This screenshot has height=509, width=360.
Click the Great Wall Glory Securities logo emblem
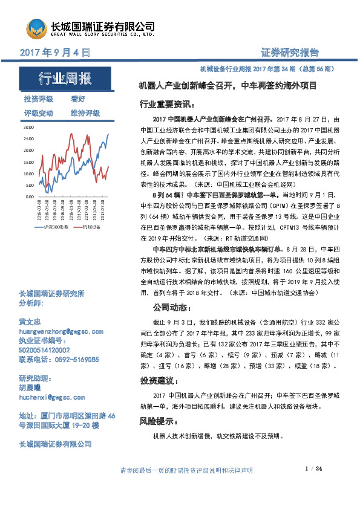pyautogui.click(x=36, y=27)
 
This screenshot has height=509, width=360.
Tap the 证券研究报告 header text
pyautogui.click(x=289, y=52)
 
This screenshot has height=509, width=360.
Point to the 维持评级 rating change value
pyautogui.click(x=85, y=113)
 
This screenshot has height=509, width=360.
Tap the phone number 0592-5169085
pyautogui.click(x=76, y=358)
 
